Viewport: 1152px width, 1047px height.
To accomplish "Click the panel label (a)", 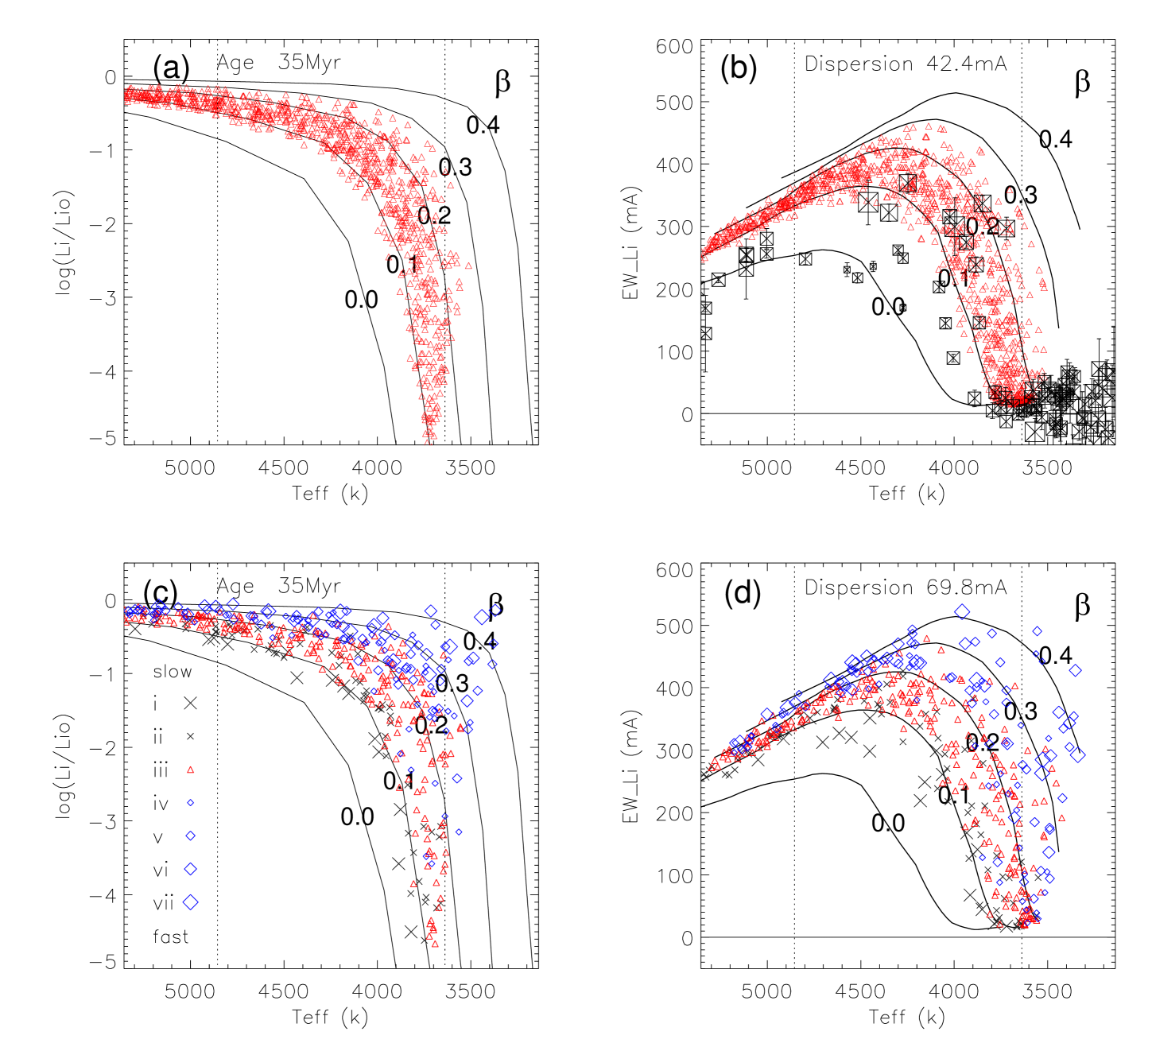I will point(171,69).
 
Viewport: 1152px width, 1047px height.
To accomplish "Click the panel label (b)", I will point(739,69).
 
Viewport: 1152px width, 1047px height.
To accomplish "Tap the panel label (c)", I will point(161,592).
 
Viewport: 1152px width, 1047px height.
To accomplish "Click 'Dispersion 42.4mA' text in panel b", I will point(906,64).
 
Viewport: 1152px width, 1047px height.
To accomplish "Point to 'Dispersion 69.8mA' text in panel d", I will point(906,587).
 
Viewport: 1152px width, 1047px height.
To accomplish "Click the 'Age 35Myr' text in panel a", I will point(279,63).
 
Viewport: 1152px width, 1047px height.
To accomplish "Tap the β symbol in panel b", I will point(1082,83).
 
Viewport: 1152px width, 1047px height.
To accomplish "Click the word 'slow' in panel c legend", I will point(173,672).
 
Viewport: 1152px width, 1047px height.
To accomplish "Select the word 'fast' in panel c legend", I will point(171,937).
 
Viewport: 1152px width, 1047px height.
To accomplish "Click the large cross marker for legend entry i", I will point(190,703).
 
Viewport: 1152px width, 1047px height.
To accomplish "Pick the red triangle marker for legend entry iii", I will point(190,770).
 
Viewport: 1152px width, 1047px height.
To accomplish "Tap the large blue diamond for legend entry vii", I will point(190,902).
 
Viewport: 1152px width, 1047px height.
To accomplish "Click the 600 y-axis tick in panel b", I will point(674,47).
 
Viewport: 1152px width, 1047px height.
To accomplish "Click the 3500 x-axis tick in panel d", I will point(1047,991).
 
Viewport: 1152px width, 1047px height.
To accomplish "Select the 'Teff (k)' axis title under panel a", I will point(330,494).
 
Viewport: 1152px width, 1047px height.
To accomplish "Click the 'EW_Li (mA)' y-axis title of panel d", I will point(632,766).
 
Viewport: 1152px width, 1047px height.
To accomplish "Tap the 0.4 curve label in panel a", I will point(483,125).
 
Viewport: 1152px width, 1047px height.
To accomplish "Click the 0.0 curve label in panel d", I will point(888,823).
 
